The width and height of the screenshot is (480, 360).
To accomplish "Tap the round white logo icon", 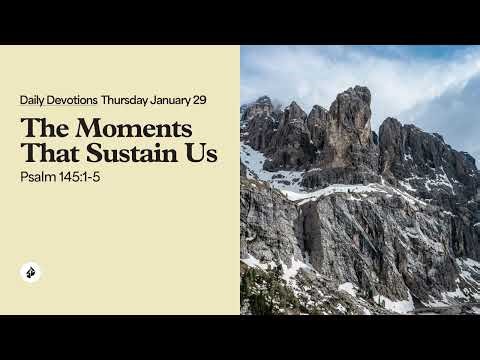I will (x=30, y=272).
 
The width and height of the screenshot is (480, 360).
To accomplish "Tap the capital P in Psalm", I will (x=23, y=179).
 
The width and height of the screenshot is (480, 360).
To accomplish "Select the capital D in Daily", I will (x=23, y=101).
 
